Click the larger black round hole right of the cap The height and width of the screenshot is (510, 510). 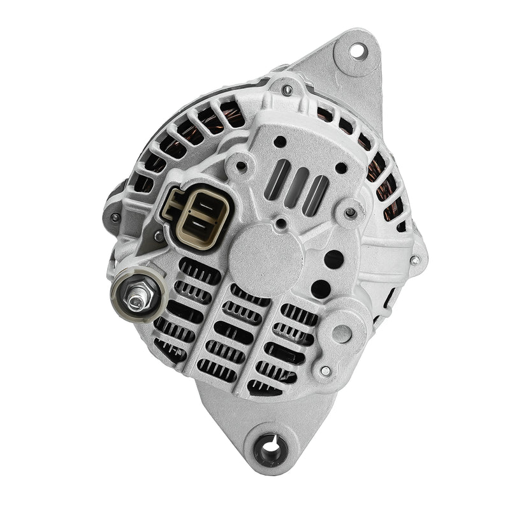[x=333, y=258]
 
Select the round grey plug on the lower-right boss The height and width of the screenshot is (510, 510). [x=342, y=333]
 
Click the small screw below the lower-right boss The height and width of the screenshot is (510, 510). [x=326, y=370]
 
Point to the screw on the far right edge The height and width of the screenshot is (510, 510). [x=415, y=259]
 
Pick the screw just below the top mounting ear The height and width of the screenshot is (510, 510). [x=287, y=90]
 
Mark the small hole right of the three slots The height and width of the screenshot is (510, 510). [x=342, y=168]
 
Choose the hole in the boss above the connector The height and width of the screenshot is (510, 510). [x=240, y=166]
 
